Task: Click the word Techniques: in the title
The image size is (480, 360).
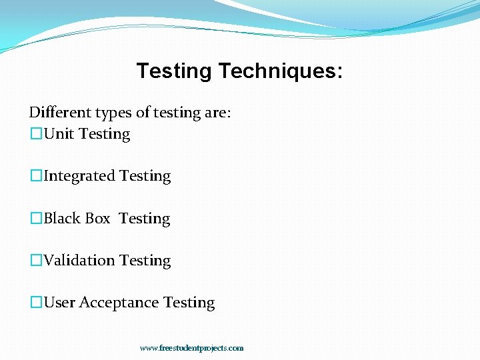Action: tap(281, 71)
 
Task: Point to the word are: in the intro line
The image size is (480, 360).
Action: tap(219, 113)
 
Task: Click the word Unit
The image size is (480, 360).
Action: tap(59, 134)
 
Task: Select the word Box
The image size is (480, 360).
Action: tap(98, 219)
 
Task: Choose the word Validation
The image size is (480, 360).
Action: tap(79, 261)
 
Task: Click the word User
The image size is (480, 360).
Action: tap(59, 303)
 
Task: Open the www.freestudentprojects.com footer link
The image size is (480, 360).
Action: tap(191, 348)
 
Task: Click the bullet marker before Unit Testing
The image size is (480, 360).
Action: tap(36, 134)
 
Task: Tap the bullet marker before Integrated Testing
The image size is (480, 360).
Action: tap(36, 176)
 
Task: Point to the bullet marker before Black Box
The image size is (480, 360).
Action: tap(36, 219)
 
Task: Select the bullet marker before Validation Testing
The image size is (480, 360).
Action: tap(36, 261)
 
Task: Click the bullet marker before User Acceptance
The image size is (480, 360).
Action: tap(36, 303)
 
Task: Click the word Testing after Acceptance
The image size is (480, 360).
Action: tap(189, 303)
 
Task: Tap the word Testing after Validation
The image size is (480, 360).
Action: tap(145, 261)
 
